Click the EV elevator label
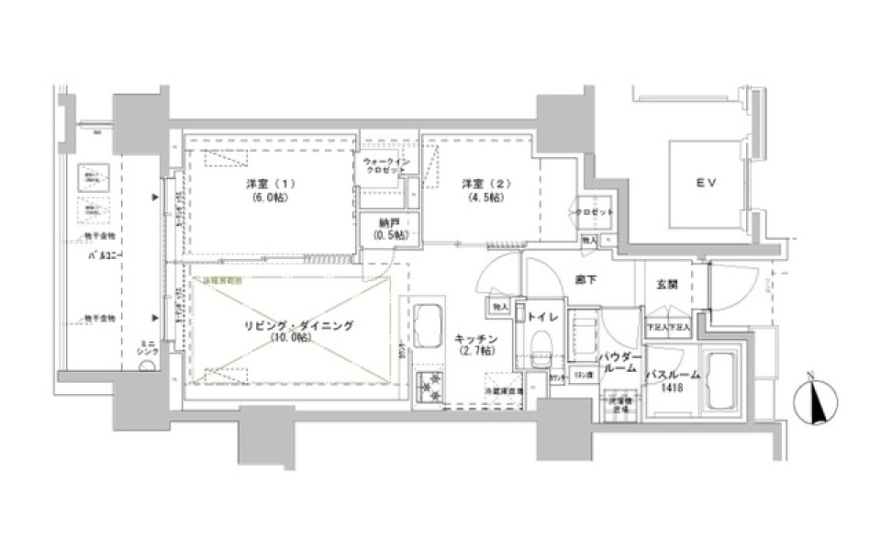click(704, 184)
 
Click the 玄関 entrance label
click(667, 286)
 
